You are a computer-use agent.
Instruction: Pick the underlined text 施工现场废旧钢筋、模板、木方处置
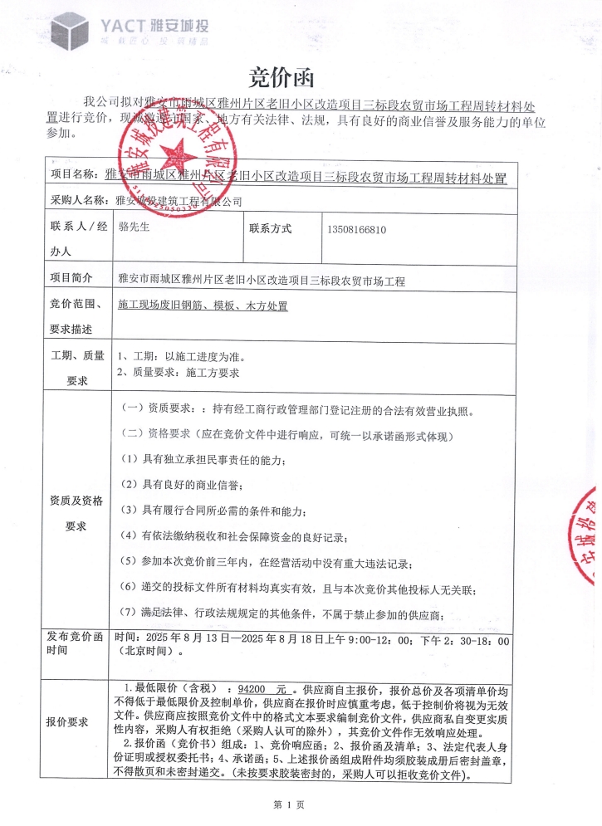[x=203, y=306]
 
